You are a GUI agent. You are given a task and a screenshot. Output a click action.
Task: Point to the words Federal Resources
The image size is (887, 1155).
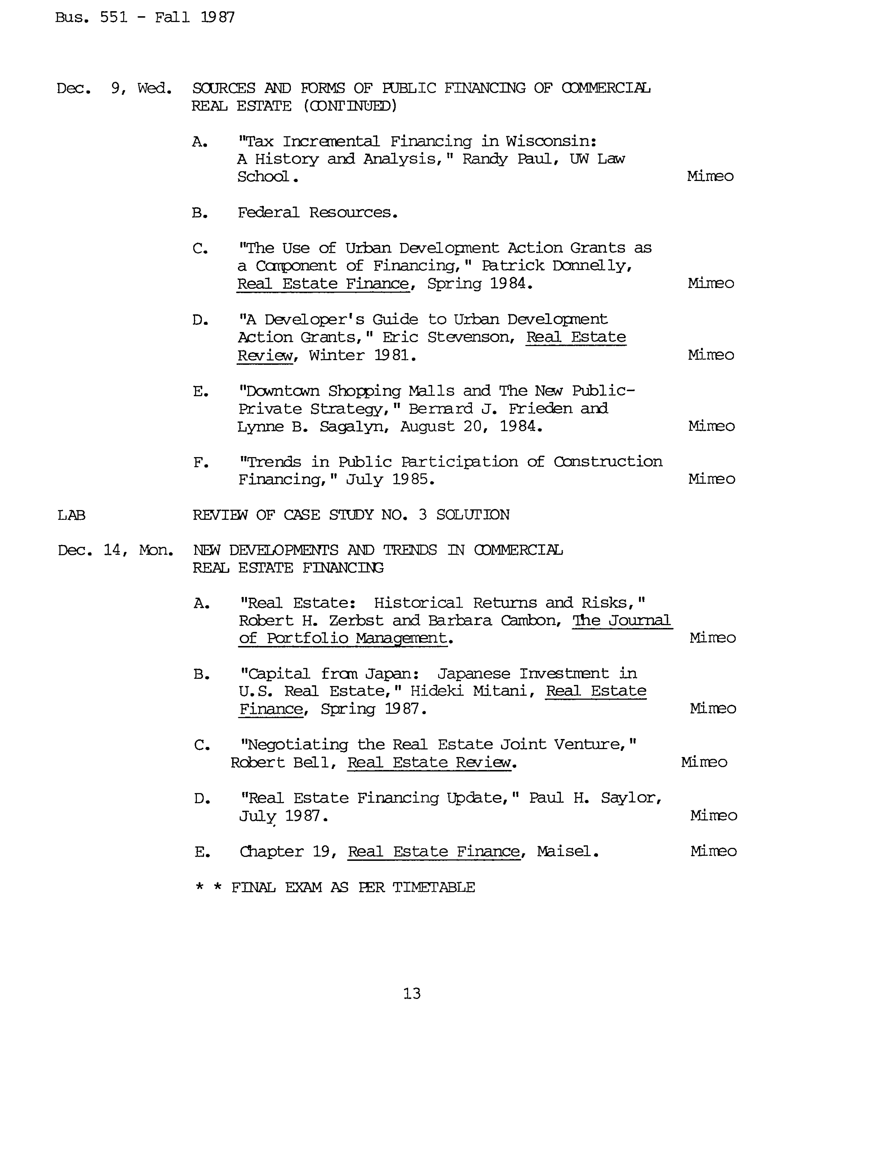coord(317,212)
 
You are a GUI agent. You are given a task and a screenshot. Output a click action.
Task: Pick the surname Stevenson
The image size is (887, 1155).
coord(471,337)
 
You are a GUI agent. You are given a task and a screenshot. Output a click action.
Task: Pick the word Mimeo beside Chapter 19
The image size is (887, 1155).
coord(713,851)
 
